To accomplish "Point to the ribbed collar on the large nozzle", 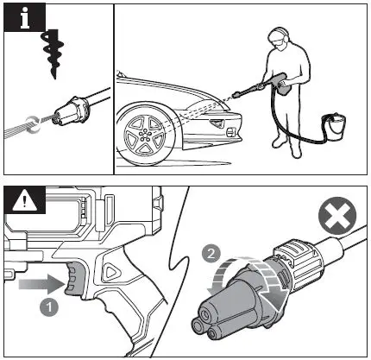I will pos(292,260).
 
